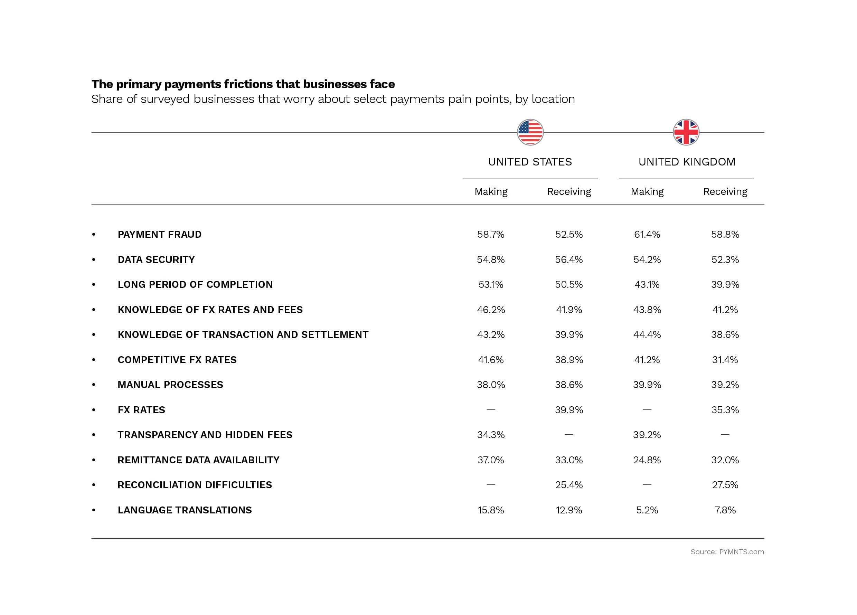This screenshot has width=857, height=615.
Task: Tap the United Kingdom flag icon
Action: click(686, 132)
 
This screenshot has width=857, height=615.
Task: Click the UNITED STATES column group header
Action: click(530, 162)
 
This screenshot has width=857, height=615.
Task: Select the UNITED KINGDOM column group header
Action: click(687, 162)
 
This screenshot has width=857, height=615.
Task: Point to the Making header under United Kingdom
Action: click(647, 191)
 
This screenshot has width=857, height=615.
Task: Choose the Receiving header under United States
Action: click(569, 191)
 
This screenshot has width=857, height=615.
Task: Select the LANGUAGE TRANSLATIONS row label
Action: click(185, 510)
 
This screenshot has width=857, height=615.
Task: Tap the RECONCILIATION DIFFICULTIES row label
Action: click(195, 485)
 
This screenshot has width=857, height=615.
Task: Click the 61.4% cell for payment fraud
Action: click(647, 235)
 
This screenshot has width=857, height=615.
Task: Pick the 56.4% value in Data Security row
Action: click(569, 259)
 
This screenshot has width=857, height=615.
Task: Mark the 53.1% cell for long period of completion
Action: click(490, 284)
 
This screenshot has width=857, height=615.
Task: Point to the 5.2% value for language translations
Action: click(647, 510)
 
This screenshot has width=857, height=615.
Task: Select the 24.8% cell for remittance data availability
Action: click(647, 460)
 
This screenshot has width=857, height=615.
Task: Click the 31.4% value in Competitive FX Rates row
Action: click(725, 360)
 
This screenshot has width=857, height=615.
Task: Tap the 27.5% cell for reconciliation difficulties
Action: click(725, 485)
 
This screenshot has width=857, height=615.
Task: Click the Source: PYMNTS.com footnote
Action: click(727, 552)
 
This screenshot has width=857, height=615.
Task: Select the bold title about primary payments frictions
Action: click(243, 84)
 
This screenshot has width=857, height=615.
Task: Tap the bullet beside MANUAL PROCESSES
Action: click(94, 385)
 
